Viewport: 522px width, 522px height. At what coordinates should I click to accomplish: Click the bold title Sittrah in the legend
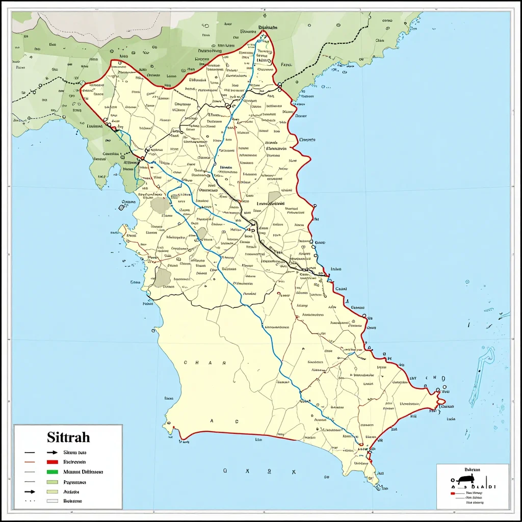[68, 437]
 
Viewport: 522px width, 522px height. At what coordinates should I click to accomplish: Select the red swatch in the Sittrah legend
[52, 462]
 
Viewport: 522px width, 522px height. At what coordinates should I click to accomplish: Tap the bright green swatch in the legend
[52, 472]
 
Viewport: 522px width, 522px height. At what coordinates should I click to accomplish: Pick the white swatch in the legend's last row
[52, 501]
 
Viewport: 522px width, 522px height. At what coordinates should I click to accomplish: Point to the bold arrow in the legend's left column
[30, 492]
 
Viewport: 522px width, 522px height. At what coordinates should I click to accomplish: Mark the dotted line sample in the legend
[30, 501]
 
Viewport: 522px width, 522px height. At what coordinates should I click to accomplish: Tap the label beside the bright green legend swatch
[83, 472]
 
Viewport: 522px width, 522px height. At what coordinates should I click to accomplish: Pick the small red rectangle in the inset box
[452, 493]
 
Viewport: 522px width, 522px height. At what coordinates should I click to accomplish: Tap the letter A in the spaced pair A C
[212, 422]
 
